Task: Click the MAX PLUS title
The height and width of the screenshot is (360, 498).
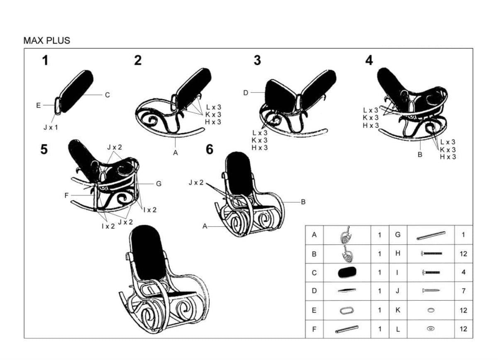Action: [x=46, y=41]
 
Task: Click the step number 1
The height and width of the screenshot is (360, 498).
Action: [x=45, y=61]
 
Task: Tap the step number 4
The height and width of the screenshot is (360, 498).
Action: [x=369, y=60]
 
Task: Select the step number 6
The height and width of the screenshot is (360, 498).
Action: [x=210, y=149]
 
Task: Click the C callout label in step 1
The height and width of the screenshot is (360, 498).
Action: [x=107, y=95]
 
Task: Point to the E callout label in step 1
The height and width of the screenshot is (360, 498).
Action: [x=39, y=105]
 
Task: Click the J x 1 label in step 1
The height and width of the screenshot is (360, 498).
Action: [x=51, y=127]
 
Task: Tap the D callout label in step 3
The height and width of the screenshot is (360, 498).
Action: [x=246, y=93]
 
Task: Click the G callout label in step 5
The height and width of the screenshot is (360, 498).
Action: [x=159, y=184]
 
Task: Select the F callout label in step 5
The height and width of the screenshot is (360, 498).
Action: [x=66, y=195]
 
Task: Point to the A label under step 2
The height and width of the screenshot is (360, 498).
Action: [x=176, y=153]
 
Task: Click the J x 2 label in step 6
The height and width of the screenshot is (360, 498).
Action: [x=196, y=182]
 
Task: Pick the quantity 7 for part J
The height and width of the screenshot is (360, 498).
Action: [x=463, y=291]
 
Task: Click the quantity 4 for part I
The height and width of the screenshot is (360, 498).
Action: [x=463, y=272]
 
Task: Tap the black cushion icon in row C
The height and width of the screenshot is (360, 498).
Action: [x=347, y=272]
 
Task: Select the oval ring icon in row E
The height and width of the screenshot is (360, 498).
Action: [x=347, y=310]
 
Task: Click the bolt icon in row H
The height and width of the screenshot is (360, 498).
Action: [x=431, y=253]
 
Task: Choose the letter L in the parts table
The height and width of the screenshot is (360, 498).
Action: [x=398, y=329]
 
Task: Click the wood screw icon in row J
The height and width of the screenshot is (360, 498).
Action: [x=431, y=290]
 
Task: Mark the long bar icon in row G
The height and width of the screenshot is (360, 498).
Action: [x=431, y=236]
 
